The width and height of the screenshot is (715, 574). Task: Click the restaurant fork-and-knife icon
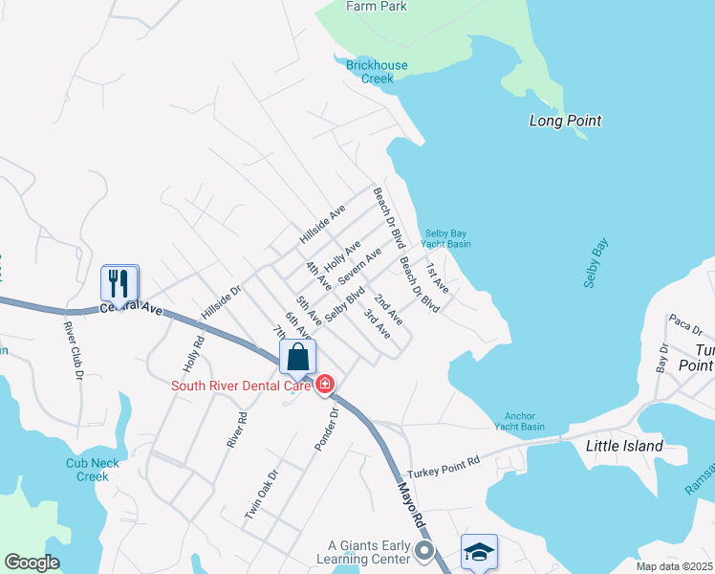119,283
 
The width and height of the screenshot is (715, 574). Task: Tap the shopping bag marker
298,358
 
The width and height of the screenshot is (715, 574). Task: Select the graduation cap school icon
479,552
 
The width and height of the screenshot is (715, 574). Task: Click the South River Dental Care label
241,386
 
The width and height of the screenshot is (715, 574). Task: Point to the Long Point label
566,121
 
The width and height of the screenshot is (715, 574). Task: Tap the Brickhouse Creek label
377,72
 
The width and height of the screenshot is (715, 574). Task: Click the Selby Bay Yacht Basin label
448,238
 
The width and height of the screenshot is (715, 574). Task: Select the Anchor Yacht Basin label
519,421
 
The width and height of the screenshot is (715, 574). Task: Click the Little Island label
624,446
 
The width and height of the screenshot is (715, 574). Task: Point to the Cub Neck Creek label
93,470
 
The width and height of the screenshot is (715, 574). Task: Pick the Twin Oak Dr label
260,494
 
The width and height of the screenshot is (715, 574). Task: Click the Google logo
32,563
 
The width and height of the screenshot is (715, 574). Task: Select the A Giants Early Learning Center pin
425,550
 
